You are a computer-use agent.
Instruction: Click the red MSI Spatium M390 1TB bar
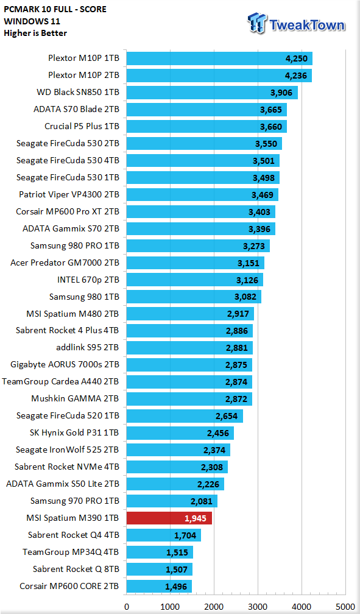[x=169, y=518]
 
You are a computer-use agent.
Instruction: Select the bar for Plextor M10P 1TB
[x=219, y=58]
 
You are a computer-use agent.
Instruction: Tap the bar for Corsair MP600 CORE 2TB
[x=158, y=586]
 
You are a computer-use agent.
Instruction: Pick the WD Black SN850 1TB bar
[x=211, y=93]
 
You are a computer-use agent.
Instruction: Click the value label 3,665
[x=271, y=110]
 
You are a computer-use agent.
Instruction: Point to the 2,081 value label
[x=202, y=501]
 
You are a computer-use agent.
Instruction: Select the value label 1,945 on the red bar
[x=196, y=518]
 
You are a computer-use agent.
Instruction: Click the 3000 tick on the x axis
[x=258, y=607]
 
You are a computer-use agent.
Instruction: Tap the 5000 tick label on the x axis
[x=345, y=607]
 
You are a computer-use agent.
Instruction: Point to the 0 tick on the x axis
[x=126, y=607]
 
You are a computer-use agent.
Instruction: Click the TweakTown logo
[x=296, y=24]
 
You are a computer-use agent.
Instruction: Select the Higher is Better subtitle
[x=35, y=33]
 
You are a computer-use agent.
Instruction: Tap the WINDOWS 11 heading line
[x=32, y=21]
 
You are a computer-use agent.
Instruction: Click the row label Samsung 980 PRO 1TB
[x=75, y=246]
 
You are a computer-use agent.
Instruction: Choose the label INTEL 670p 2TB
[x=88, y=280]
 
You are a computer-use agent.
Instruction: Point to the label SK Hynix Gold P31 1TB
[x=74, y=432]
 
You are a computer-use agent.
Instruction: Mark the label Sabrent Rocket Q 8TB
[x=76, y=569]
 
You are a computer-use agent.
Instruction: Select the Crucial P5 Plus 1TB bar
[x=206, y=127]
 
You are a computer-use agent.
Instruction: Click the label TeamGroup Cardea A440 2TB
[x=61, y=382]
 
